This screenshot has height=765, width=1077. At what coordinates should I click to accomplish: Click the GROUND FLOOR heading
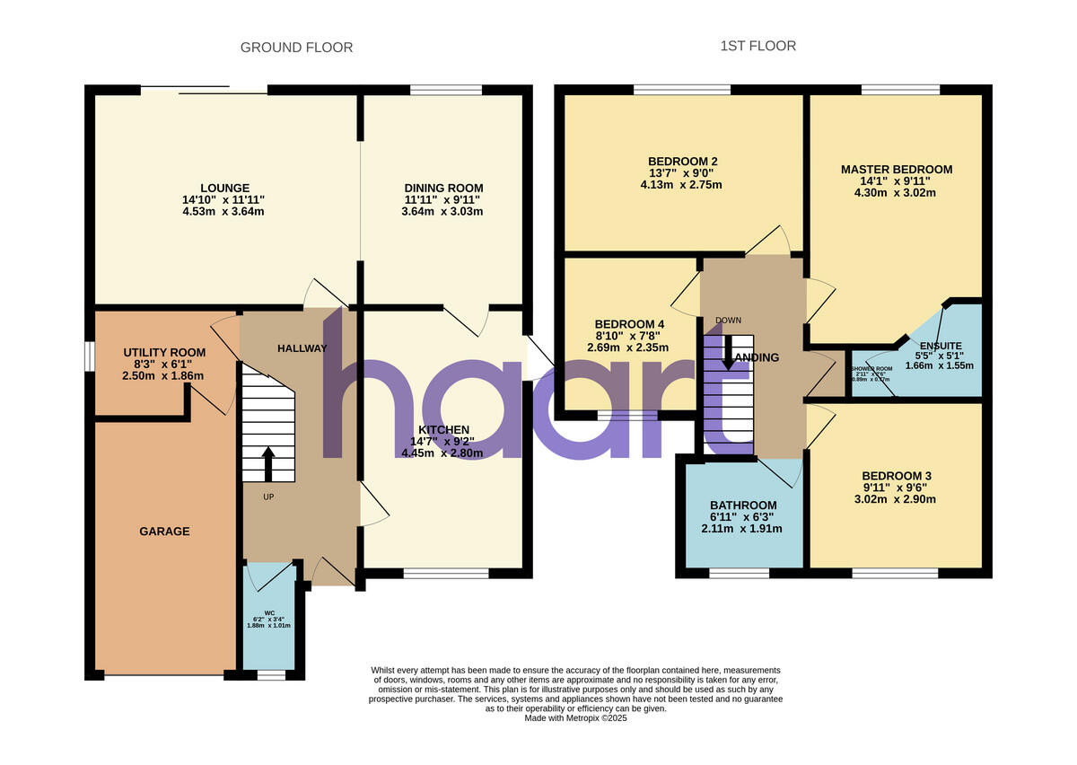(x=296, y=48)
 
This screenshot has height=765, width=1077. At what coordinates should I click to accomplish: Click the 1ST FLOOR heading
(x=757, y=46)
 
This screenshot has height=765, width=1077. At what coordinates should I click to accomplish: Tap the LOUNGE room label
(x=225, y=188)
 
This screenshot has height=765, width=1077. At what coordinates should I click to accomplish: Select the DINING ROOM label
(x=443, y=188)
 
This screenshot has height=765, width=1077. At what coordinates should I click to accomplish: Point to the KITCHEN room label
(x=442, y=430)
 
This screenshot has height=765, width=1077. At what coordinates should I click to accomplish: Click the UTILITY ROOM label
(x=164, y=352)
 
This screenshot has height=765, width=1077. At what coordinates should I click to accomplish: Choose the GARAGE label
(x=164, y=532)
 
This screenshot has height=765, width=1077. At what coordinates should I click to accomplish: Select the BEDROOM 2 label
(x=683, y=162)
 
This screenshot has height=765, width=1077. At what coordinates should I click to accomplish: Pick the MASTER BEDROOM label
(x=897, y=169)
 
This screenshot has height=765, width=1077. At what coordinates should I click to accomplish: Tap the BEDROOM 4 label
(x=629, y=324)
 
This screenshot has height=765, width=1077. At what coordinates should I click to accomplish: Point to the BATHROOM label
(x=743, y=506)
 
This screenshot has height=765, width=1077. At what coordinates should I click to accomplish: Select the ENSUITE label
(x=941, y=345)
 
